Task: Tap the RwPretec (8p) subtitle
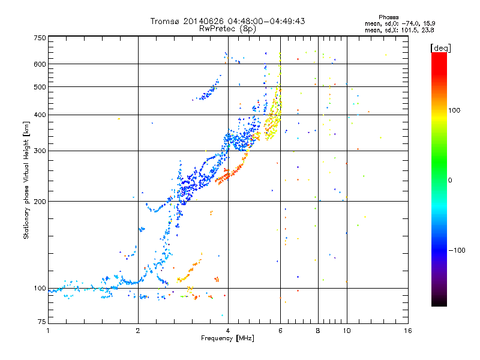coord(227,29)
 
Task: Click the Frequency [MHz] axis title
coord(227,338)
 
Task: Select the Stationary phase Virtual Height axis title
coord(26,181)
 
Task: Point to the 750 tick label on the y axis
coord(40,38)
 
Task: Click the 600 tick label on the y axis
coord(40,64)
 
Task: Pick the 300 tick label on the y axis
coord(40,151)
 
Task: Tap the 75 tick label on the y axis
coord(42,322)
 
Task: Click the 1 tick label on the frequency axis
coord(48,331)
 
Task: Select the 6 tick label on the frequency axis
coord(280,331)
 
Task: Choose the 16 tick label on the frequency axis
coord(408,331)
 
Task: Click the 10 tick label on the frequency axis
coord(347,331)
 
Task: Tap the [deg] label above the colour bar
coord(440,48)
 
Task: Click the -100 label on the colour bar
coord(457,250)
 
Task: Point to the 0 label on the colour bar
coord(450,180)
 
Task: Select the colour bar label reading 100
coord(454,110)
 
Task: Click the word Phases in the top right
coord(388,17)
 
